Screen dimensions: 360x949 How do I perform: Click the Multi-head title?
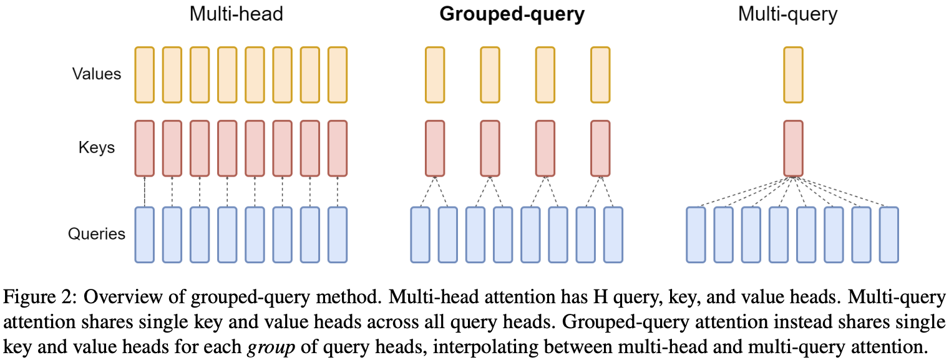click(236, 14)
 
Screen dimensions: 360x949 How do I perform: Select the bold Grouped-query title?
click(512, 14)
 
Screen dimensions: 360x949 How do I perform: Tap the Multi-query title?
click(787, 14)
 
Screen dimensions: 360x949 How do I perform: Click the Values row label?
click(96, 74)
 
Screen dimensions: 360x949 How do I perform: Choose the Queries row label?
click(97, 234)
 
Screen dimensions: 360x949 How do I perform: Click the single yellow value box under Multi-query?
click(793, 74)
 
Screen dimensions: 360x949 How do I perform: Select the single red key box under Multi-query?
click(793, 148)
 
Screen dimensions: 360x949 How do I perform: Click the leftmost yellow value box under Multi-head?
click(144, 74)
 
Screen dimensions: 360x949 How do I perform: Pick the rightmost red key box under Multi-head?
click(337, 148)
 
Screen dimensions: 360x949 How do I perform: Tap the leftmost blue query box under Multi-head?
click(144, 235)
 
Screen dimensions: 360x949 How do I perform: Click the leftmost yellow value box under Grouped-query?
click(435, 74)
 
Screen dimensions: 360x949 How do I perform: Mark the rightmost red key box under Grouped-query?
click(600, 148)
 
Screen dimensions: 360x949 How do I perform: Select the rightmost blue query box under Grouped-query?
click(613, 235)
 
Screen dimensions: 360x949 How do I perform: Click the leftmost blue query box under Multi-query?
click(696, 235)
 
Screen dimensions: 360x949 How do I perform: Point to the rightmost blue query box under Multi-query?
click(888, 235)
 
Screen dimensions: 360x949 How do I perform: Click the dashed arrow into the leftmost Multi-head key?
click(144, 192)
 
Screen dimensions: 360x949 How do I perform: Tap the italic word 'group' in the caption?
click(265, 344)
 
